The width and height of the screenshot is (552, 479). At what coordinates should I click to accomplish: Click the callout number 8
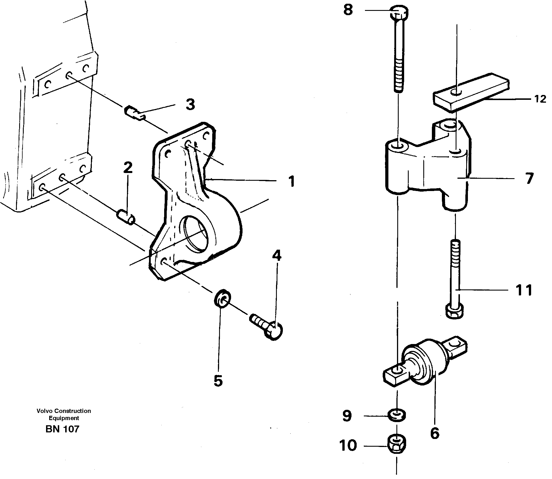click(348, 11)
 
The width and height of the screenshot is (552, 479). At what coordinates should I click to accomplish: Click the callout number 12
click(540, 99)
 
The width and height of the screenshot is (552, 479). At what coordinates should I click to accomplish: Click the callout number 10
click(348, 445)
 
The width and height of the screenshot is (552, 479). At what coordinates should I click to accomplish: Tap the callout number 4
click(277, 256)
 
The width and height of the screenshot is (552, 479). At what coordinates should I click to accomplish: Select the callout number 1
click(291, 181)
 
